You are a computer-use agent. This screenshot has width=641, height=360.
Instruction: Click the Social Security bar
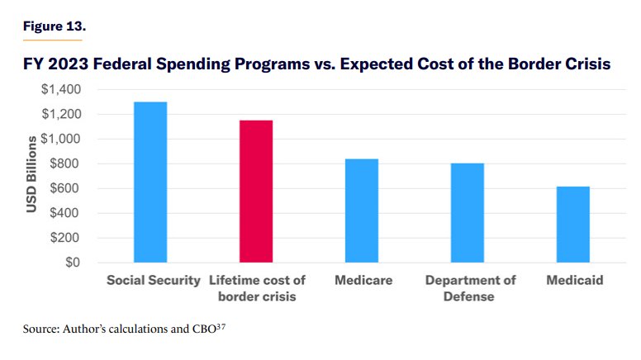point(150,182)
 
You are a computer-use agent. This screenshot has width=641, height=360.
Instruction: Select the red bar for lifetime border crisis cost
point(256,192)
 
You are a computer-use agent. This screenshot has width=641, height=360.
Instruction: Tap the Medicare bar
point(362,211)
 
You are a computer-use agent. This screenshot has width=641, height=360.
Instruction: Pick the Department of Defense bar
point(468,212)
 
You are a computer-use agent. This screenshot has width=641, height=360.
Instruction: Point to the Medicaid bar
point(573,225)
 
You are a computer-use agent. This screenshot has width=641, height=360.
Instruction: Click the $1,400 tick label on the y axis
point(62,89)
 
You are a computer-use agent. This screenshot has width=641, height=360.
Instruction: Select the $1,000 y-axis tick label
point(62,139)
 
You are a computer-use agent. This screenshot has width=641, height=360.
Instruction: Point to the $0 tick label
point(74,263)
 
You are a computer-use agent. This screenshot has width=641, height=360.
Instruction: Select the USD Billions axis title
point(31,173)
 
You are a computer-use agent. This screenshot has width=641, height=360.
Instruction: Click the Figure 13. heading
point(53,26)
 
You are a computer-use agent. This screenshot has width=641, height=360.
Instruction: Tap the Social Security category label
point(154,281)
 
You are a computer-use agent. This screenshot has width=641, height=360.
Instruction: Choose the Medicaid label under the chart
point(575,281)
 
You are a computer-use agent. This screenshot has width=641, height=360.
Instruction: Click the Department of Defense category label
point(470,288)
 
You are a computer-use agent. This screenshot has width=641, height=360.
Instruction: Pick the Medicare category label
point(363,281)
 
